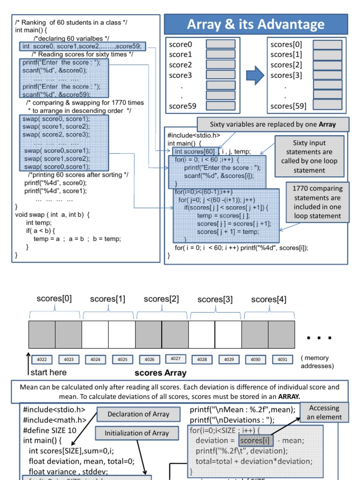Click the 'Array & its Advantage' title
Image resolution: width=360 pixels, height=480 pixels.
[x=255, y=24]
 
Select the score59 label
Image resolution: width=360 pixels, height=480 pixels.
[x=183, y=106]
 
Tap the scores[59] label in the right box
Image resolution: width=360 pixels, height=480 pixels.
[x=289, y=106]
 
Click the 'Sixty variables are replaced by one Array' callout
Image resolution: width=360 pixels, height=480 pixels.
[x=273, y=125]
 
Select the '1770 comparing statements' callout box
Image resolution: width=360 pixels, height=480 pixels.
[x=317, y=202]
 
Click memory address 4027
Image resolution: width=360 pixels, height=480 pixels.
[x=175, y=359]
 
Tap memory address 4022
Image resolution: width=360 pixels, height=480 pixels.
[x=42, y=360]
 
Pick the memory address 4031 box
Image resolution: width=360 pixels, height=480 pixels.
[x=282, y=360]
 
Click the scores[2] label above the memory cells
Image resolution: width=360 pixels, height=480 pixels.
[x=161, y=299]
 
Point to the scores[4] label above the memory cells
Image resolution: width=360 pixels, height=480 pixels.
[x=269, y=300]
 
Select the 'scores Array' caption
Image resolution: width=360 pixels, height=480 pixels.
[x=160, y=374]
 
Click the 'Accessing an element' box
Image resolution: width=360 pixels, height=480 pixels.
[x=325, y=412]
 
